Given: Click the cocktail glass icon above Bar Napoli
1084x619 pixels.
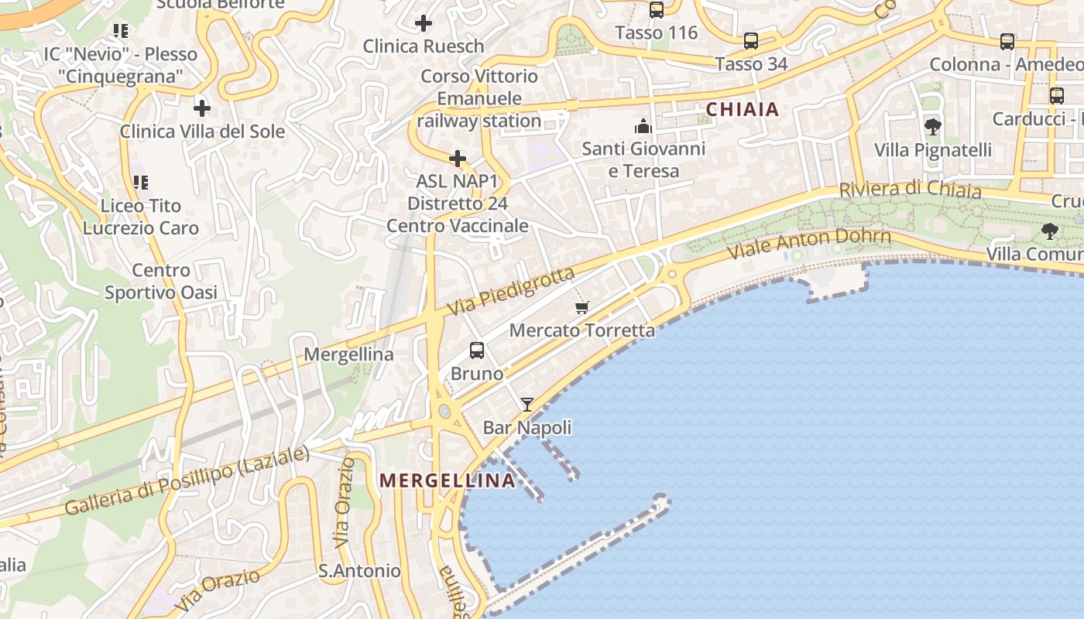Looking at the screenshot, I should point(527,404).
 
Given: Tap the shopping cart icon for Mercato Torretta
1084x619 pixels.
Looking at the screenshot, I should point(582,307).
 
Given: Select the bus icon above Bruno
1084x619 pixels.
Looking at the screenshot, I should point(477,351).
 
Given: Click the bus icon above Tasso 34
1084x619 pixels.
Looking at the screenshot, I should point(750,41).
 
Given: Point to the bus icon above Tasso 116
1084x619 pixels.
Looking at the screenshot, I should point(657,10).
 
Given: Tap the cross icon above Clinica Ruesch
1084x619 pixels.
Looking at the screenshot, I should point(423,23).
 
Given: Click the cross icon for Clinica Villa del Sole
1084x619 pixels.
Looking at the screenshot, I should point(202,108).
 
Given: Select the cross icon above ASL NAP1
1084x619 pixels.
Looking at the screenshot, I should point(458,159).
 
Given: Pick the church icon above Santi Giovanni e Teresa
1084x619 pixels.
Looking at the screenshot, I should point(643,126).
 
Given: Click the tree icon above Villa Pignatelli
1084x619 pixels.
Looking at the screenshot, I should point(933,126).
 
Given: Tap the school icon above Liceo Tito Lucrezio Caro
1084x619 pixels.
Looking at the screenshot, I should point(140,183).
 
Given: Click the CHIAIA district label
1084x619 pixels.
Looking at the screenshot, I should point(743,109).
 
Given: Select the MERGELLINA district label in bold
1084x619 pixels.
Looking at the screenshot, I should point(448,480).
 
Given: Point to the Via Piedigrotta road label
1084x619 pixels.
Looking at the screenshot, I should point(510,292).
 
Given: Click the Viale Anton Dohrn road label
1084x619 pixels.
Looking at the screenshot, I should point(809,243).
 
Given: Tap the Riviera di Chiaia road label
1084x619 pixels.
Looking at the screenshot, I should point(910,190).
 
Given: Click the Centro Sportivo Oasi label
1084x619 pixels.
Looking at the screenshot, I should point(161,282).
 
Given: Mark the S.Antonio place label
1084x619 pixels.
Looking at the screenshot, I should point(360,571).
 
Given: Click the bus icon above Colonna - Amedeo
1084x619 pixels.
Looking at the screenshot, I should point(1007,42).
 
